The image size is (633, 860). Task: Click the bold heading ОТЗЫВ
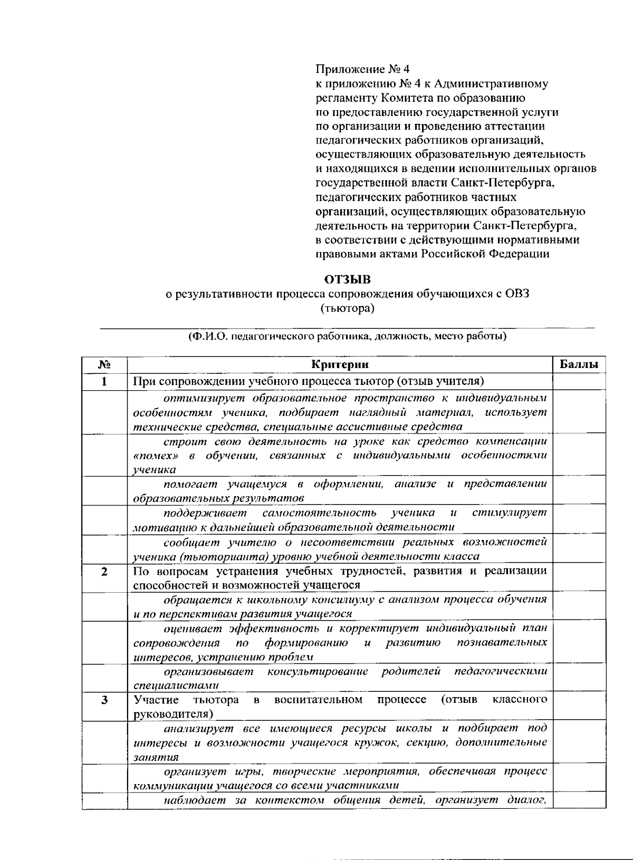347,279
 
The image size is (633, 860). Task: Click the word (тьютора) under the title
347,308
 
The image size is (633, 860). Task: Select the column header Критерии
340,365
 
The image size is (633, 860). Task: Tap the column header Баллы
579,365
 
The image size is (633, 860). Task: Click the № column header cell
104,365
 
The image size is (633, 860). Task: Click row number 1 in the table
104,381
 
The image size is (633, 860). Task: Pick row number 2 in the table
104,572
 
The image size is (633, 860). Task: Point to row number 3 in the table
104,700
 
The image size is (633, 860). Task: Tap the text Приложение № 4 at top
362,70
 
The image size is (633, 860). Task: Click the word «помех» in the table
155,455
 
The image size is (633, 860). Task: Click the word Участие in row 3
156,700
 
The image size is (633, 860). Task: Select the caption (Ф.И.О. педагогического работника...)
347,336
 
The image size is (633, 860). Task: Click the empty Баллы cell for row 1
579,381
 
